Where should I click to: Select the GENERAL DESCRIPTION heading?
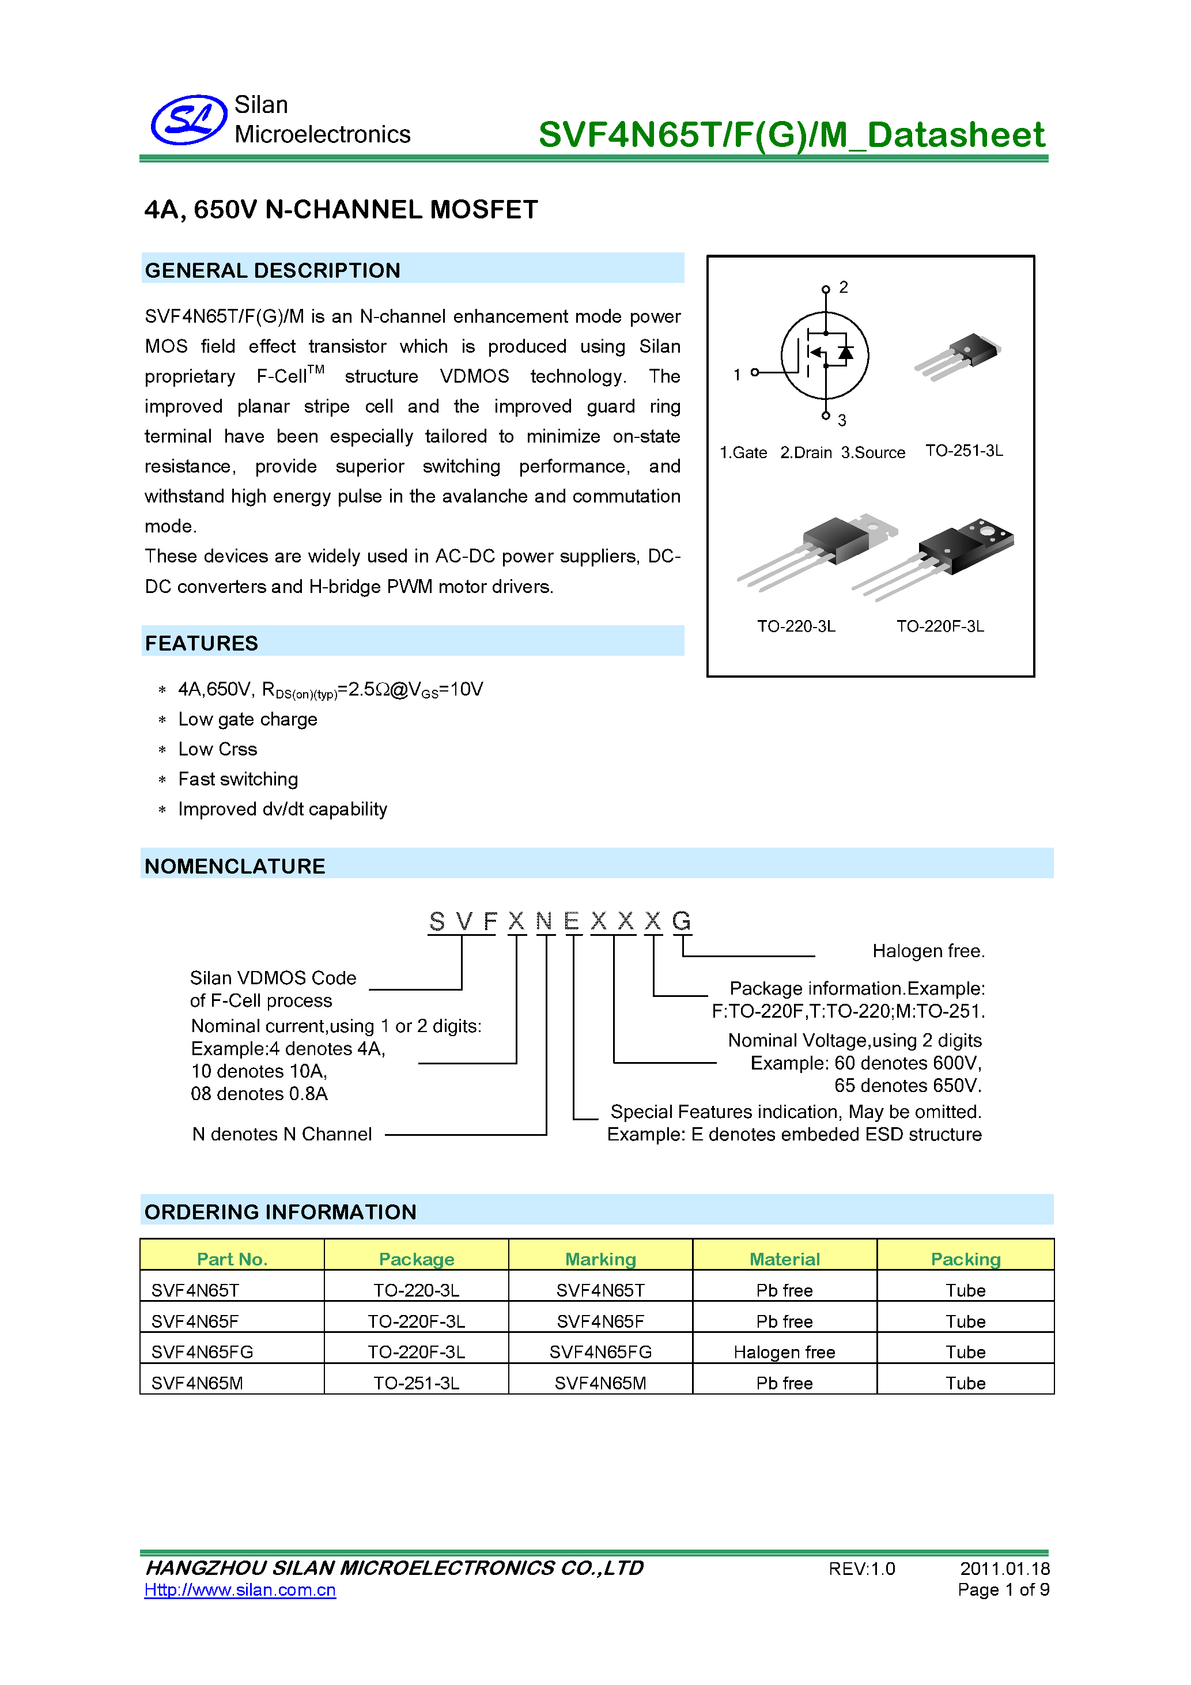click(x=272, y=270)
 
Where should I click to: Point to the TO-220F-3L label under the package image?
click(x=939, y=626)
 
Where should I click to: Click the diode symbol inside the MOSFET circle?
click(x=845, y=353)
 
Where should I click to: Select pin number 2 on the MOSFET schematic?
click(x=843, y=287)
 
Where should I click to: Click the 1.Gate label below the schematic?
click(x=743, y=453)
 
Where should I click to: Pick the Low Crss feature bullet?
click(x=217, y=749)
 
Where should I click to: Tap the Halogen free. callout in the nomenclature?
click(x=928, y=951)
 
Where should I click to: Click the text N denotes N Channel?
click(x=282, y=1134)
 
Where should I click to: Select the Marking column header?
click(x=600, y=1259)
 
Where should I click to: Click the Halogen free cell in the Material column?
click(x=784, y=1352)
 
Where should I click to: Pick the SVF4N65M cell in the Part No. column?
click(x=196, y=1384)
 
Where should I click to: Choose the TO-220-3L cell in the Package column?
click(x=416, y=1290)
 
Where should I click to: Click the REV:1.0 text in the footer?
click(x=861, y=1569)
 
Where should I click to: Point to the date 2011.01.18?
click(x=1004, y=1569)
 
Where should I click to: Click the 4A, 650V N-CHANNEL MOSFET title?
click(x=341, y=210)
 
